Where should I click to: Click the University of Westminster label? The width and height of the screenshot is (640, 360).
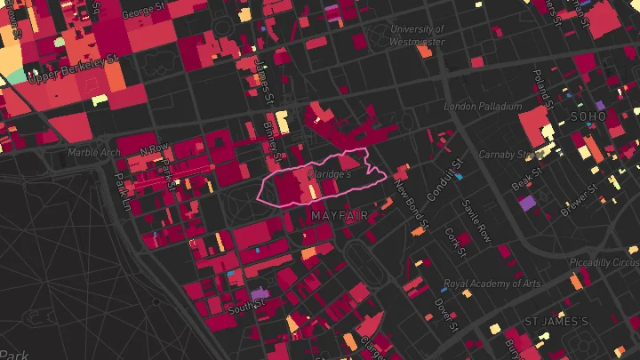(x=418, y=35)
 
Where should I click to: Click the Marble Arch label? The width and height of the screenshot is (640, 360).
(x=93, y=152)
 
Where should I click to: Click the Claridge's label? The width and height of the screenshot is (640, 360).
(x=331, y=175)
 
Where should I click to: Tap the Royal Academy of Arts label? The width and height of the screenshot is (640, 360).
(x=492, y=284)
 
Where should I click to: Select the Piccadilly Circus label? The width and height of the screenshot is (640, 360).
(x=604, y=263)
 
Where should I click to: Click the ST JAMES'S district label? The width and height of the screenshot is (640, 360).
(x=557, y=320)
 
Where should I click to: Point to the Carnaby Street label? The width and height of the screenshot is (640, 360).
(x=518, y=155)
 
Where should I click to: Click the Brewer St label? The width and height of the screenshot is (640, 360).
(x=580, y=201)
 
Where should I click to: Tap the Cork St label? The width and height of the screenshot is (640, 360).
(x=455, y=241)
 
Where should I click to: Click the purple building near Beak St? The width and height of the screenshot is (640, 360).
(x=527, y=203)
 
